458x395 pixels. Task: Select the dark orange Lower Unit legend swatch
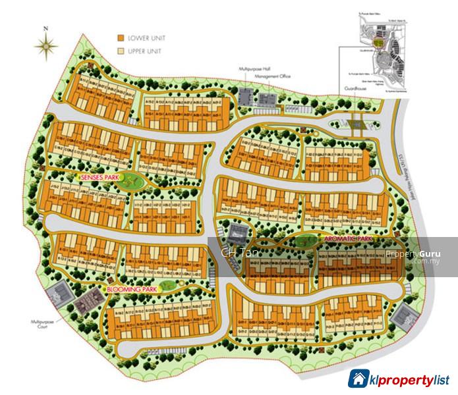121,38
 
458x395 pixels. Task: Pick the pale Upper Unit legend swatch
121,50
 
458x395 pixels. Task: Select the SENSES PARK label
99,178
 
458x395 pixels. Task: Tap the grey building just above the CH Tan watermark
236,231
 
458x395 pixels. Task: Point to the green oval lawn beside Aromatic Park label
304,241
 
